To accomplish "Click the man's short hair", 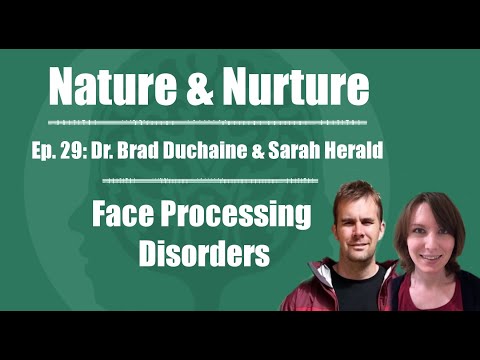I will pyautogui.click(x=354, y=191).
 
